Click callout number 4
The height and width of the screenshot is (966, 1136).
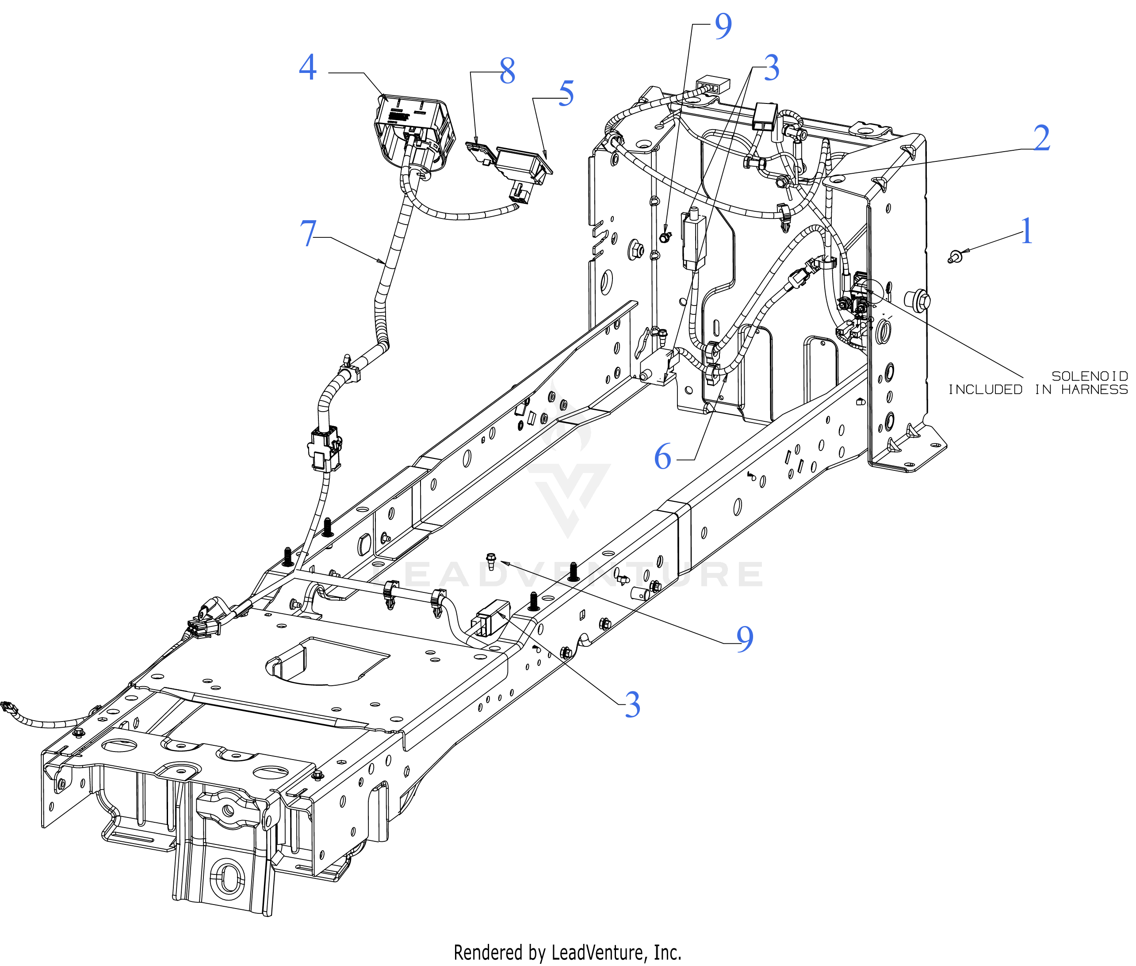(308, 67)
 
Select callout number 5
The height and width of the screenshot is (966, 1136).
(566, 93)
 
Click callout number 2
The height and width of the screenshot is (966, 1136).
(1042, 138)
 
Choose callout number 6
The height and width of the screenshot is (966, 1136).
(663, 457)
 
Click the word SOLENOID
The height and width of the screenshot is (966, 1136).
(1090, 376)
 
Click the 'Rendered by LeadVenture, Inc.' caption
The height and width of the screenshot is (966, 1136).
(567, 952)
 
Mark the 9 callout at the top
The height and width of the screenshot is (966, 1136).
(723, 26)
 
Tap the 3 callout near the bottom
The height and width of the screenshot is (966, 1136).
(633, 704)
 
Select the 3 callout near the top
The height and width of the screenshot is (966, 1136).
(771, 68)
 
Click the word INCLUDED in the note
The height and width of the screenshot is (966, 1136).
(985, 389)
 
